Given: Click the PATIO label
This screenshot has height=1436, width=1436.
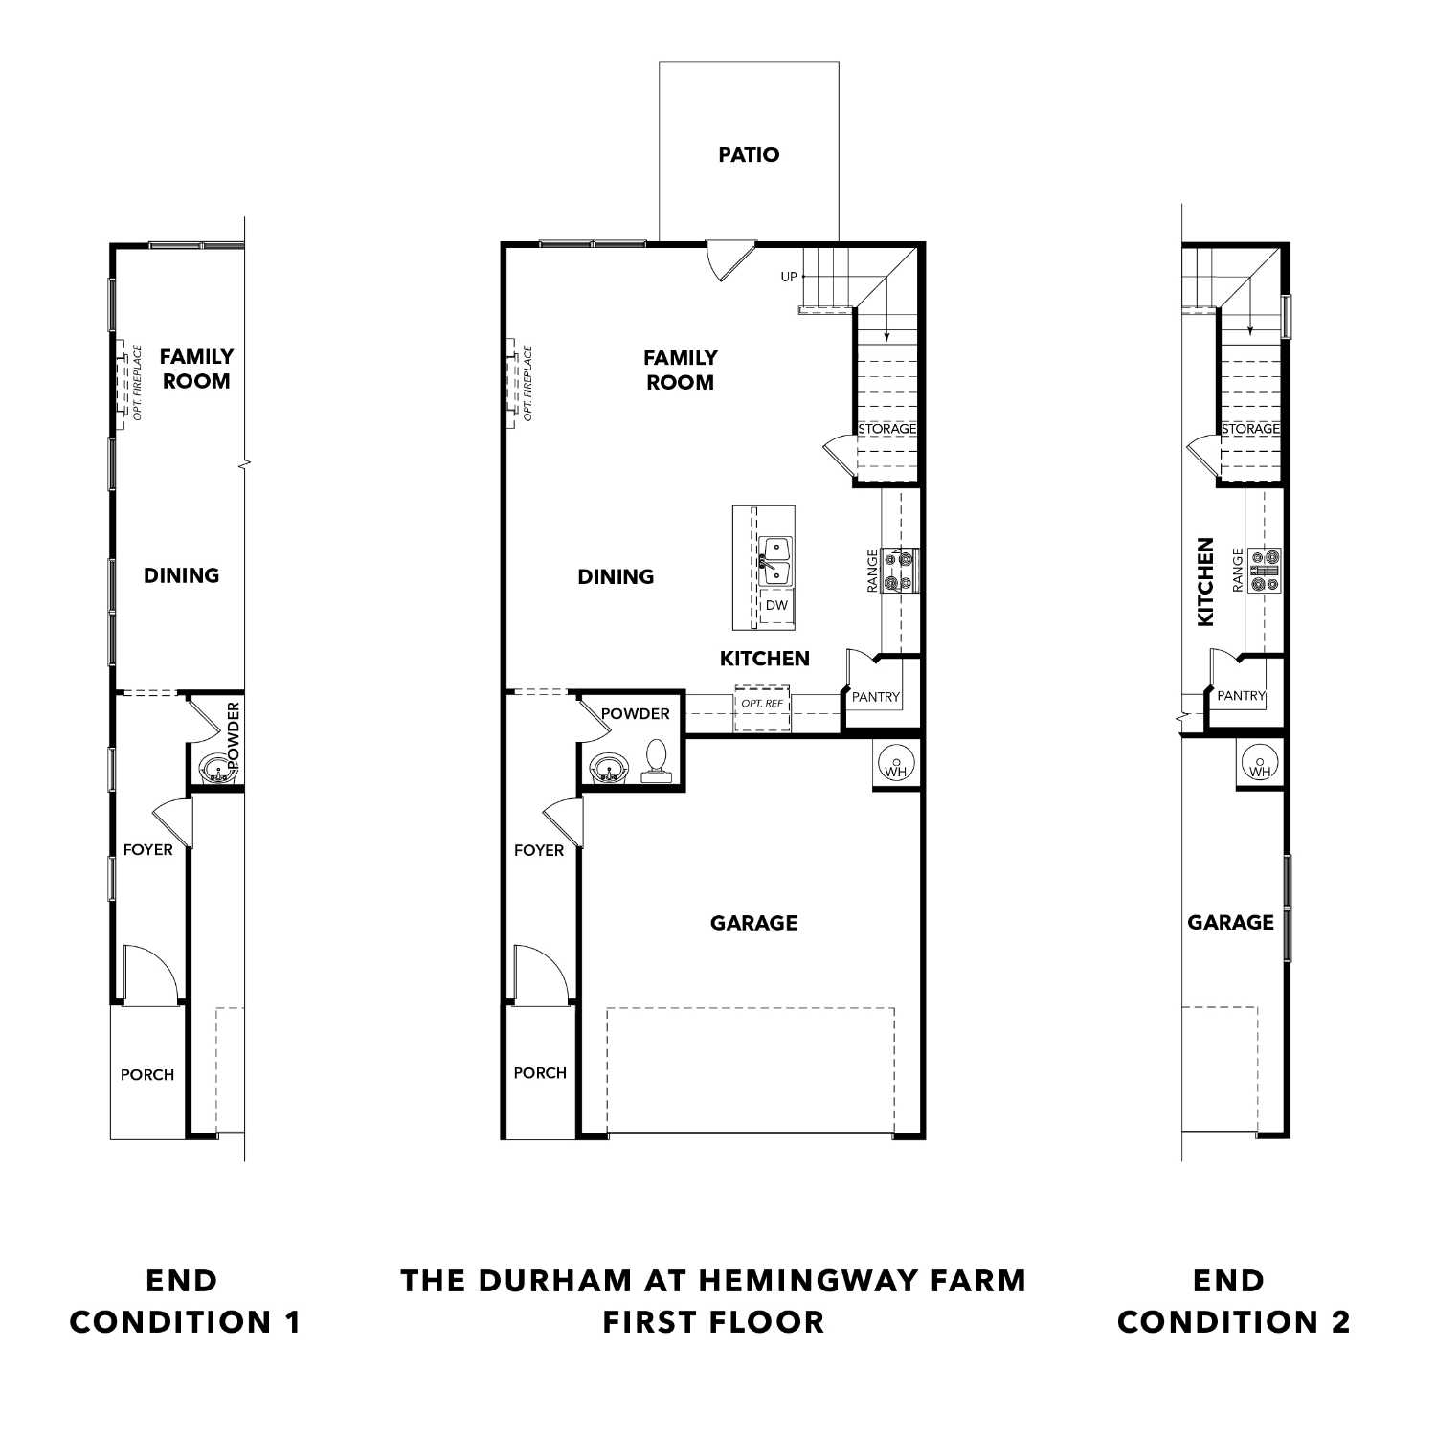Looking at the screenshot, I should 749,155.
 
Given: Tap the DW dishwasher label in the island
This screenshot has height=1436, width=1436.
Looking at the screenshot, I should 776,606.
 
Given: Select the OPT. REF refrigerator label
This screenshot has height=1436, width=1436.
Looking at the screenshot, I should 762,704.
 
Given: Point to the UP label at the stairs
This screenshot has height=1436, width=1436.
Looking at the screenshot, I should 789,277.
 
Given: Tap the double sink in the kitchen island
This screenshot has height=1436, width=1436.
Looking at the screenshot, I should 775,561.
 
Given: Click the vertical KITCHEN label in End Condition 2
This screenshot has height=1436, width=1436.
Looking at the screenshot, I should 1205,581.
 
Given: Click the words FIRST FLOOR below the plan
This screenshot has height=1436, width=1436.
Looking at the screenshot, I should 713,1322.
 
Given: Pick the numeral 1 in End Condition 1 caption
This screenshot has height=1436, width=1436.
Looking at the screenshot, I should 292,1322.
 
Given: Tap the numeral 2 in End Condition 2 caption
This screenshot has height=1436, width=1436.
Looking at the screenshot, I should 1340,1322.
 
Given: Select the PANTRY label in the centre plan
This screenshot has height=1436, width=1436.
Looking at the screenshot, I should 876,697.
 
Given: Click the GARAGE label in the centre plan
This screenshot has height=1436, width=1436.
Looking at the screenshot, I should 753,923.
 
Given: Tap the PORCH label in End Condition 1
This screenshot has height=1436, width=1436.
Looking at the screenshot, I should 147,1075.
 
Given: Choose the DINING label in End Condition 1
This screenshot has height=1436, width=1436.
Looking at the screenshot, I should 181,575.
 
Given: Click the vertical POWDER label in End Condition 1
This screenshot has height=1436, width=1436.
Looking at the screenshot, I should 234,735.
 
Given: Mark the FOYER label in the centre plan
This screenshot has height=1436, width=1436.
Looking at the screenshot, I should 539,850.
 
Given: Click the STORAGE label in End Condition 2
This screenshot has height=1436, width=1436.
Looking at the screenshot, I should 1250,429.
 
